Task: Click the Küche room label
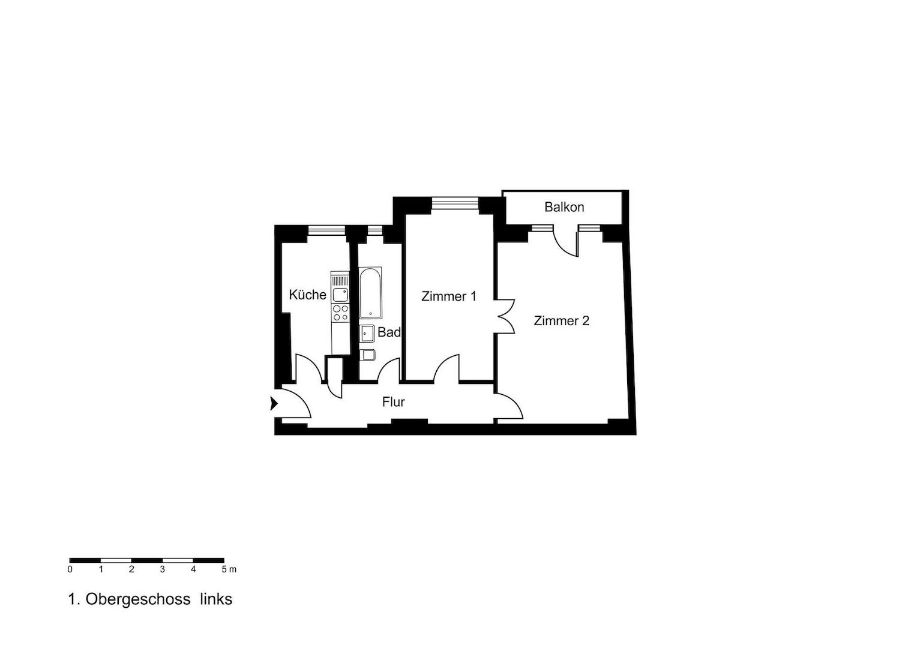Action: tap(307, 295)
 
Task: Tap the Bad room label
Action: tap(389, 332)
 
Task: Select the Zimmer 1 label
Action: tap(448, 296)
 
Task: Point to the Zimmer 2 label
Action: tap(561, 321)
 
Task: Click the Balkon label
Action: tap(564, 207)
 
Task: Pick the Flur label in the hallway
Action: tap(393, 402)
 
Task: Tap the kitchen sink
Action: tap(340, 294)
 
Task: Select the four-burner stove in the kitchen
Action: tap(340, 313)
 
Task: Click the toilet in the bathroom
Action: tap(367, 355)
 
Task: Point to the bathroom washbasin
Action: tap(367, 333)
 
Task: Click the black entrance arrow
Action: tap(274, 404)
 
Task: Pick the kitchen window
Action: tap(327, 230)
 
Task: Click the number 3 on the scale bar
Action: tap(163, 569)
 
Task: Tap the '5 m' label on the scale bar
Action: tap(229, 569)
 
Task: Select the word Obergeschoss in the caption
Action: tap(138, 599)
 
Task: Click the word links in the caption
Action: tap(216, 599)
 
